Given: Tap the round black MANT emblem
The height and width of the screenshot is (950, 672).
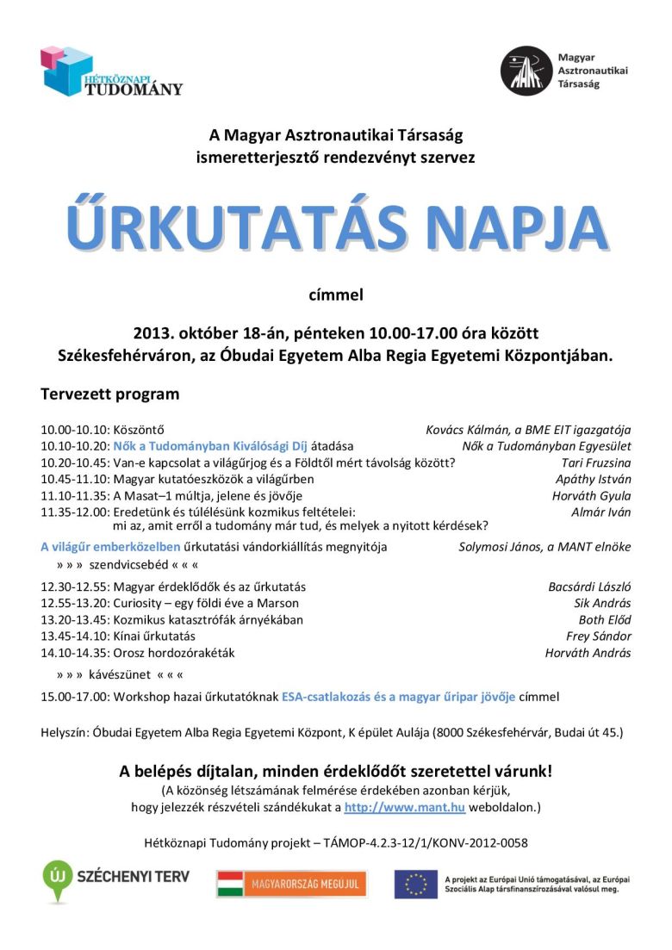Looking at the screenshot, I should pos(526,71).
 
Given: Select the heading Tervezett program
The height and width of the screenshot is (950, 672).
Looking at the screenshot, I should pos(110,394).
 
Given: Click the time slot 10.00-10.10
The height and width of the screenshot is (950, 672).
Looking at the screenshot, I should pos(74,430).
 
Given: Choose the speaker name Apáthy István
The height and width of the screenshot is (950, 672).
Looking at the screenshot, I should pos(594,479).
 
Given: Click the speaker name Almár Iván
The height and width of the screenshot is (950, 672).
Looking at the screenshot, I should pos(601,512).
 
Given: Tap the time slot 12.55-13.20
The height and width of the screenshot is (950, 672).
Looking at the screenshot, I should pos(74,603).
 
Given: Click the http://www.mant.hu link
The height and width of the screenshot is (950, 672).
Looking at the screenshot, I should pos(405,807).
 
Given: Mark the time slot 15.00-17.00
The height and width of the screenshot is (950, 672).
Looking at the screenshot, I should pos(74,696).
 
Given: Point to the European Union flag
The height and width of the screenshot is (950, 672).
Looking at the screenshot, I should pos(416,884).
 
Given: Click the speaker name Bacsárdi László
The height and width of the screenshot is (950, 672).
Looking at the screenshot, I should pos(589,587).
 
